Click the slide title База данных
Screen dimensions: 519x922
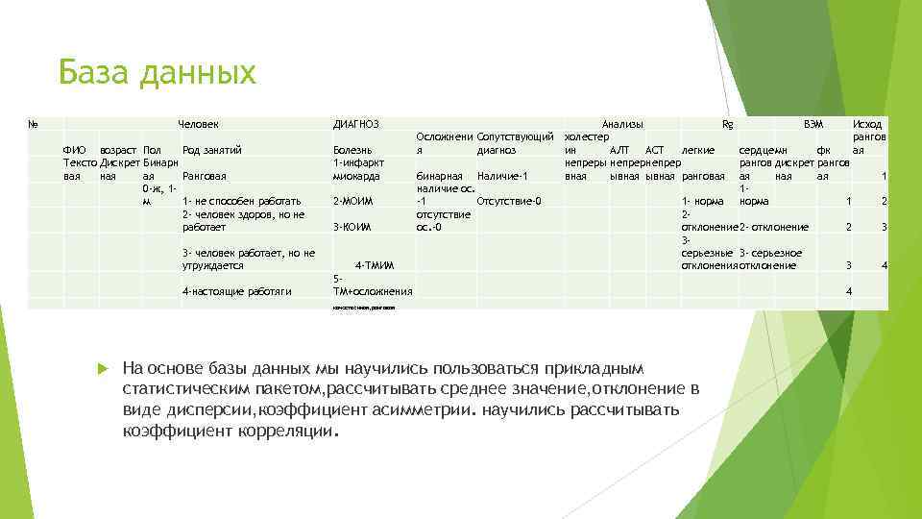point(157,73)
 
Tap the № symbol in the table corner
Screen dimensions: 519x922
point(34,124)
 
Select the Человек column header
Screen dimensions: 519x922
point(199,124)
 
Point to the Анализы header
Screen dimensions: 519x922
point(622,124)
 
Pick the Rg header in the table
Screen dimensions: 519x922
point(727,124)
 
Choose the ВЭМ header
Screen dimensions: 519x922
point(813,124)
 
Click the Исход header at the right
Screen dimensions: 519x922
point(867,124)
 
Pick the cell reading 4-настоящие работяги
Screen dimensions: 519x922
point(236,291)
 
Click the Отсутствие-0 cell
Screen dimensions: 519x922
point(509,201)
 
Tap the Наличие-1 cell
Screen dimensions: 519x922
point(502,177)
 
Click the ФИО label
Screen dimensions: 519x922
point(74,150)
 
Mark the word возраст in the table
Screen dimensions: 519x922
point(117,150)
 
